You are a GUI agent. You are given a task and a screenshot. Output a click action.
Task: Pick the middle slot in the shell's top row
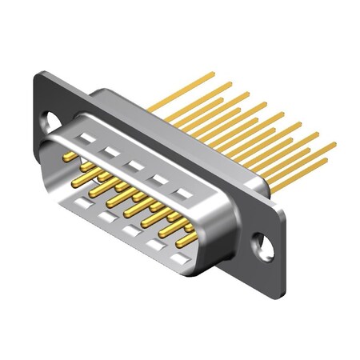(135, 165)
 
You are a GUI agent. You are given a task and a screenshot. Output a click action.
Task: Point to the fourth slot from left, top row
(159, 179)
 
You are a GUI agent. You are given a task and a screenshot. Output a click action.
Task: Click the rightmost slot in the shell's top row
(185, 194)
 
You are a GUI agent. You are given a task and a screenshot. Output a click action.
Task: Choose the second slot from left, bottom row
(105, 217)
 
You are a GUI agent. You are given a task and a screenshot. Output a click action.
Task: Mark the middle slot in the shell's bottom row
(130, 230)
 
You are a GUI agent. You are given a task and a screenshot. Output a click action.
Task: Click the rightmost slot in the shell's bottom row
(181, 258)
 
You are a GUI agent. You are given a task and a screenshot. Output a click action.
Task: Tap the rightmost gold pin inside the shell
(187, 239)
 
